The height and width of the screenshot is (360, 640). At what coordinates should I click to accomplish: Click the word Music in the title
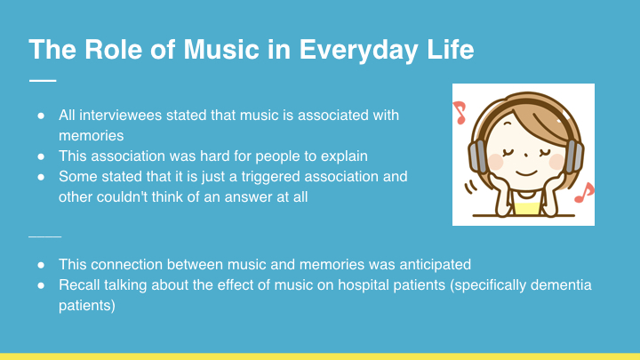pos(221,50)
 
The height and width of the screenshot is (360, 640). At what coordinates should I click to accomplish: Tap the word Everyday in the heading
pos(359,50)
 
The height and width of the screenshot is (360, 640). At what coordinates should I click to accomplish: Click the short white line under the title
pos(43,80)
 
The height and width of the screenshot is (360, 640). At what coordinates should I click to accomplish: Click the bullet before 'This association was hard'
pos(41,156)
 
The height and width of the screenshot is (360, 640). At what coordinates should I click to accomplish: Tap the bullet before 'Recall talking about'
pos(41,285)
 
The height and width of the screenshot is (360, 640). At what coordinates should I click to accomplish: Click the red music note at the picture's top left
pos(460,112)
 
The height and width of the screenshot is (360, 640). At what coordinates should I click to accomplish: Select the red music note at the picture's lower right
pos(585,193)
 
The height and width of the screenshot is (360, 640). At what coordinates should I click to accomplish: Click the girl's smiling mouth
pos(525,172)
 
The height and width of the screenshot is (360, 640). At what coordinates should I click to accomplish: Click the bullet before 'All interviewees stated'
pos(41,116)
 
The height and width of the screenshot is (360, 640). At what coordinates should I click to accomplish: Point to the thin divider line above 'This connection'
pos(45,236)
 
